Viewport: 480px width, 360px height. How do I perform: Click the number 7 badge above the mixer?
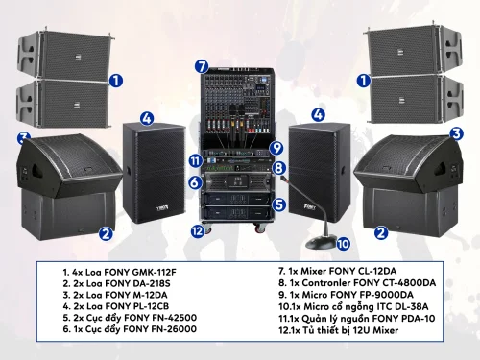(202, 66)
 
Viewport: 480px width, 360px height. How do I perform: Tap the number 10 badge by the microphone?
(343, 244)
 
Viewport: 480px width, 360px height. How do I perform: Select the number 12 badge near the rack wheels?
(198, 230)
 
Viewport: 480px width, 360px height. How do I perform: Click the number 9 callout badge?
(276, 148)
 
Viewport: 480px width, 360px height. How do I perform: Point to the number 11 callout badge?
(196, 160)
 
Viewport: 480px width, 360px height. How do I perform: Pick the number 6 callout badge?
(195, 182)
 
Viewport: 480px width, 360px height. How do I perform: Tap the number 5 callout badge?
(279, 204)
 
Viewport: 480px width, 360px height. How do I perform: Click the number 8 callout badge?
(278, 168)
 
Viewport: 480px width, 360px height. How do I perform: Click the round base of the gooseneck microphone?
(321, 242)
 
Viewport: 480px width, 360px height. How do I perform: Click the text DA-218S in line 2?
(152, 283)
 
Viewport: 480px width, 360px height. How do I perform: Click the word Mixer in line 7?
(313, 271)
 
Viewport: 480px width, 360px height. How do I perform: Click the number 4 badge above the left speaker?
(147, 119)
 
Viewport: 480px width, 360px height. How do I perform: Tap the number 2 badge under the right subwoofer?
(381, 232)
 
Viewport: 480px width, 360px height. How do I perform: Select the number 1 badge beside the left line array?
(116, 81)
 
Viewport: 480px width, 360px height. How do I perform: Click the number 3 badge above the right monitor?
(456, 133)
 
